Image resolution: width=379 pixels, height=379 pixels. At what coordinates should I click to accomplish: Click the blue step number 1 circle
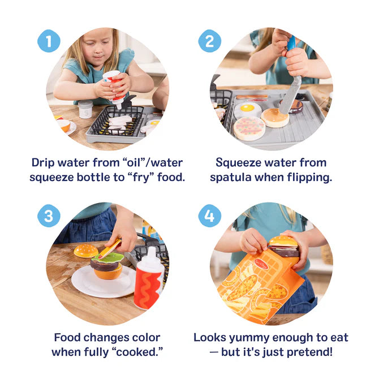(x=49, y=41)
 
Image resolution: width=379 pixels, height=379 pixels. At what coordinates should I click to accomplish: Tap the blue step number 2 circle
(x=209, y=41)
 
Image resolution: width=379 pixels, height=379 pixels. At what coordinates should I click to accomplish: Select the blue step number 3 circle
(x=49, y=217)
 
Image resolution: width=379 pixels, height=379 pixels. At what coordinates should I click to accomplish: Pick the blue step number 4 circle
(x=209, y=217)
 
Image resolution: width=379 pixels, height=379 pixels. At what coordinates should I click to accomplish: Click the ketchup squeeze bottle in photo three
(x=148, y=278)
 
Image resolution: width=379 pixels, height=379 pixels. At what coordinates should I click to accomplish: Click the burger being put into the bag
(x=283, y=246)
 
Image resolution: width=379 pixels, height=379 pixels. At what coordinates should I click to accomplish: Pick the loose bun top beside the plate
(x=85, y=251)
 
